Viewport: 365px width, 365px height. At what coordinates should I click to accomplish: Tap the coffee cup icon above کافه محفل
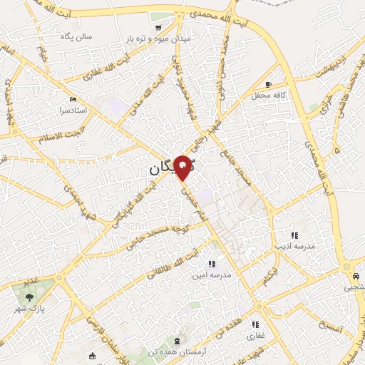pyautogui.click(x=268, y=83)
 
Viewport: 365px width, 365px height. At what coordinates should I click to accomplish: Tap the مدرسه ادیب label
pyautogui.click(x=294, y=245)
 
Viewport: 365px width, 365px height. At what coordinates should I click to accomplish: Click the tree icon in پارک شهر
pyautogui.click(x=29, y=297)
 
